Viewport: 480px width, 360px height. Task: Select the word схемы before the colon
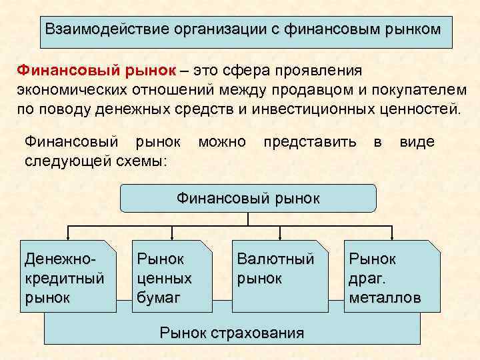coord(139,161)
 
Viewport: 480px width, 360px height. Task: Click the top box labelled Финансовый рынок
coord(248,198)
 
